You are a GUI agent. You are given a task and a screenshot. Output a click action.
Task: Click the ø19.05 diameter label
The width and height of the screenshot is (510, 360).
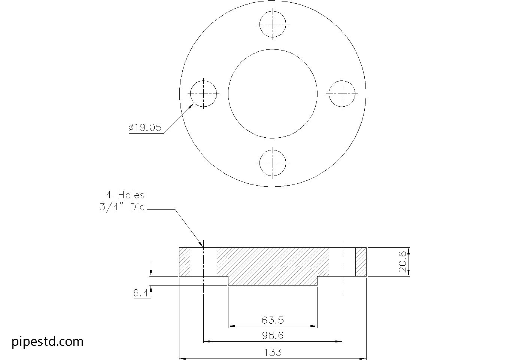(145, 128)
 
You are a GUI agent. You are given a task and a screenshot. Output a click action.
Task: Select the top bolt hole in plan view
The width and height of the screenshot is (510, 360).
(273, 24)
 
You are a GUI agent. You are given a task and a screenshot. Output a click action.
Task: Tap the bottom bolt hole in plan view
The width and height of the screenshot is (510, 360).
(273, 163)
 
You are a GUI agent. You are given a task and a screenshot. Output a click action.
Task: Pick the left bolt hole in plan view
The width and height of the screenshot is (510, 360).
(203, 93)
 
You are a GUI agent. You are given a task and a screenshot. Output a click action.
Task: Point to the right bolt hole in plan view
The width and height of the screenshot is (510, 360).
(342, 93)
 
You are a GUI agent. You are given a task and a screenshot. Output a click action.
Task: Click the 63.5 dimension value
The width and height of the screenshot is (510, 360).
(273, 320)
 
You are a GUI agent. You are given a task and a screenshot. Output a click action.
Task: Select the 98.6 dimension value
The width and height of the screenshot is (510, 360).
(273, 336)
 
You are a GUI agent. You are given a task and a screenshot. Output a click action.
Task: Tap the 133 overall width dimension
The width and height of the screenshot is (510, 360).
(273, 352)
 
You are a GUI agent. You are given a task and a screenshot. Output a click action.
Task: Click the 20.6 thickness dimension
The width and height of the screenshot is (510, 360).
(403, 262)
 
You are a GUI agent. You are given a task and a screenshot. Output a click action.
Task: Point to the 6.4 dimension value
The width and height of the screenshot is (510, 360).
(140, 293)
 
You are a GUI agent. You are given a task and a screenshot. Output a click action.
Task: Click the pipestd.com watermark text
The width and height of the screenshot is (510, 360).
(48, 341)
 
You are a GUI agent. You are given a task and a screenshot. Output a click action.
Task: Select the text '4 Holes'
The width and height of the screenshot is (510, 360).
(125, 195)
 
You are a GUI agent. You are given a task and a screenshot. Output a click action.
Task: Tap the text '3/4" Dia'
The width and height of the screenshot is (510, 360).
(122, 207)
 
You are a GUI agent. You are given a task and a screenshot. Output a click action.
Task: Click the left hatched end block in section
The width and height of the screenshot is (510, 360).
(185, 262)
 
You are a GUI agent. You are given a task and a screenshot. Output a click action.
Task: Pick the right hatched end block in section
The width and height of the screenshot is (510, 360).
(361, 262)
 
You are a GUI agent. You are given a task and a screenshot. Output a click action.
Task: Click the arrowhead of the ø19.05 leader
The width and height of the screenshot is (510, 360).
(191, 106)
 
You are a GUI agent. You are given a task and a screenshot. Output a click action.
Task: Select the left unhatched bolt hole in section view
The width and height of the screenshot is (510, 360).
(203, 262)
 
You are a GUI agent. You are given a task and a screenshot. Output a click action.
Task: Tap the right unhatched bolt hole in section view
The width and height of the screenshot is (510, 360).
(342, 262)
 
